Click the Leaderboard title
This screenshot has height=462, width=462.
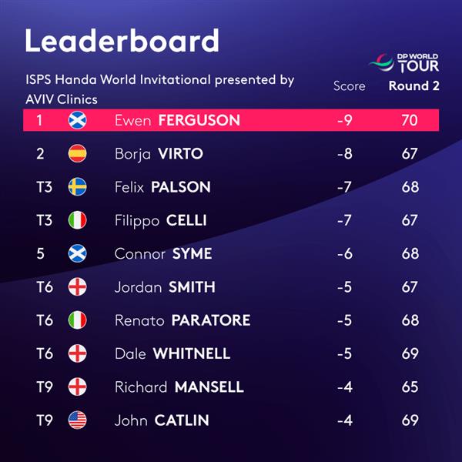tap(122, 40)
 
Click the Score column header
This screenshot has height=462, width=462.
tap(349, 86)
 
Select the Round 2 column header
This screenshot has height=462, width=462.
tap(414, 86)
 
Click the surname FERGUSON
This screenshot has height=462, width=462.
tap(199, 120)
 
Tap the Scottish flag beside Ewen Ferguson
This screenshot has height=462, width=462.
tap(77, 120)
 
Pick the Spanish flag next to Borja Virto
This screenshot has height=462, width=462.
tap(77, 153)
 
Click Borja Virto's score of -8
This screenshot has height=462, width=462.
tap(345, 153)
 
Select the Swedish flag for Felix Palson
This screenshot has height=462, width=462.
tap(77, 187)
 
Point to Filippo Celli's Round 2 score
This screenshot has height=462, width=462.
tap(410, 220)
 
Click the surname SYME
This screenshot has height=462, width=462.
tap(192, 253)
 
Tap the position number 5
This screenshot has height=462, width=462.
tap(40, 253)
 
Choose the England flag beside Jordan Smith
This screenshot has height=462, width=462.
tap(77, 287)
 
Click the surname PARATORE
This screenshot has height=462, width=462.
tap(211, 320)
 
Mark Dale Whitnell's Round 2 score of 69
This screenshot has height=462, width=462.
tap(410, 353)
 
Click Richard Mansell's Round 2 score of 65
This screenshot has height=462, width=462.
tap(410, 387)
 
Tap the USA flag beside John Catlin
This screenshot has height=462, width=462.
tap(77, 420)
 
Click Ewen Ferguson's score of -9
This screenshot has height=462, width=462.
tap(345, 120)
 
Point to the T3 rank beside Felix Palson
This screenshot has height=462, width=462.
tap(45, 187)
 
